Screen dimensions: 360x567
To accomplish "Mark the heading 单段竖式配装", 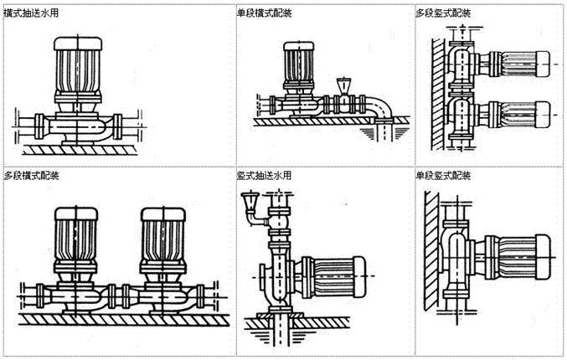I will click(x=444, y=177).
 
